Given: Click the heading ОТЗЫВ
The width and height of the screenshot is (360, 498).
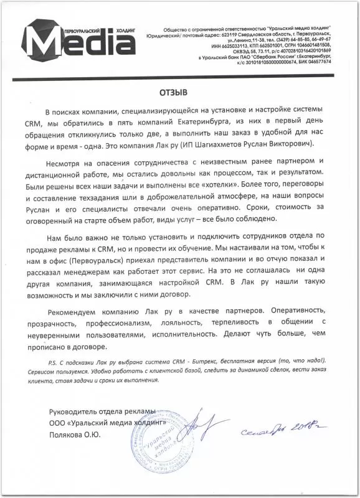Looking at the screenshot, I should (178, 92).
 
